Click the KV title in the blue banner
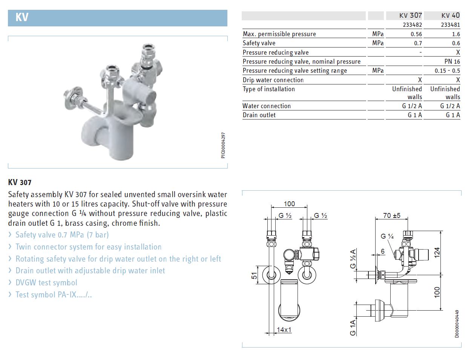pos(22,17)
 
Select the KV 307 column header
pos(410,15)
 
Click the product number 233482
pos(412,25)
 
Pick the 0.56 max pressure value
pos(416,34)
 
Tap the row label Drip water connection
pos(273,80)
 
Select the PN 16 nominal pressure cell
pos(452,61)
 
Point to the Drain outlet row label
pos(259,115)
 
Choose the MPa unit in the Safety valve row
pos(377,43)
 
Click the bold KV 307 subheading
pos(20,182)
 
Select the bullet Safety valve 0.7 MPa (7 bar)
pos(62,235)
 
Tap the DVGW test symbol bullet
pos(46,283)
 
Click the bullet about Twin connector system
pos(88,247)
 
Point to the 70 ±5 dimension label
pos(391,216)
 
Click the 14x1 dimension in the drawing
pos(284,330)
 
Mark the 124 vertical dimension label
pos(437,252)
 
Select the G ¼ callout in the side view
pos(387,236)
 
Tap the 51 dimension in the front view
pos(254,276)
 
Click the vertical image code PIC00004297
pos(223,145)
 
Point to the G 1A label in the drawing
pos(353,328)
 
